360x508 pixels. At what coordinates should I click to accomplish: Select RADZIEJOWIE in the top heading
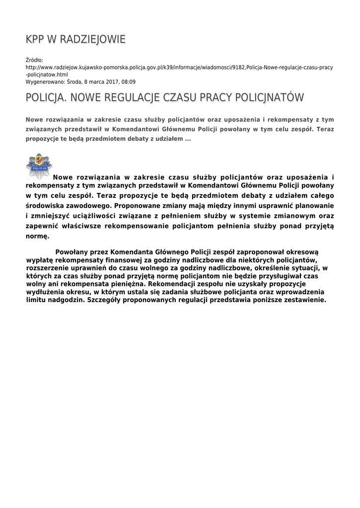pos(94,40)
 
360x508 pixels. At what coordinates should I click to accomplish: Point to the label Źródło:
pos(34,60)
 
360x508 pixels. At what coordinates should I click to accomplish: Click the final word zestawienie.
pos(303,300)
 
